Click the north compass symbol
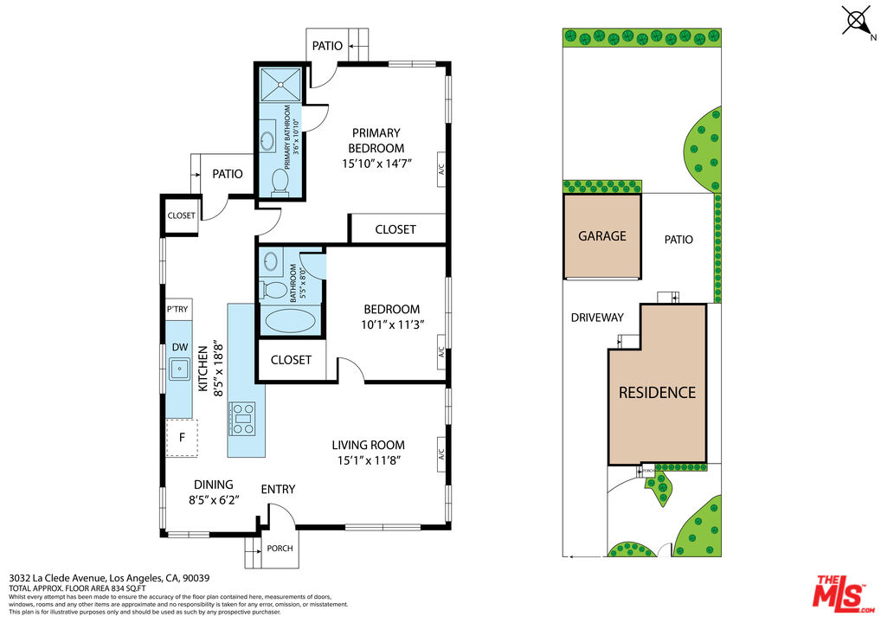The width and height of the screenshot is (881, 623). point(857,21)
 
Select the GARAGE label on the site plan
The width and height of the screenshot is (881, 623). point(602,235)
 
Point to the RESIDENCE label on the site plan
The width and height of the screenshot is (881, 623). point(657,392)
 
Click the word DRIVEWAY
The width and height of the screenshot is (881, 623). point(597,318)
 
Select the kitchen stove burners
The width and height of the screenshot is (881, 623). point(242,418)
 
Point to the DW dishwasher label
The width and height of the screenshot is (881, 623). point(180,347)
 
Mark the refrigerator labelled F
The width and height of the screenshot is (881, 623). point(182,438)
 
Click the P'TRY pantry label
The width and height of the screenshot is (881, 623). point(177,309)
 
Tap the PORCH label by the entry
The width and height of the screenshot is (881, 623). point(279,549)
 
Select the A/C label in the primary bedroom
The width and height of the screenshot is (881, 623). point(440,168)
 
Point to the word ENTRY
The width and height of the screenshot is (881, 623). point(278,489)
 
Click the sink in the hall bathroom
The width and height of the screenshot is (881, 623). point(271,261)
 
